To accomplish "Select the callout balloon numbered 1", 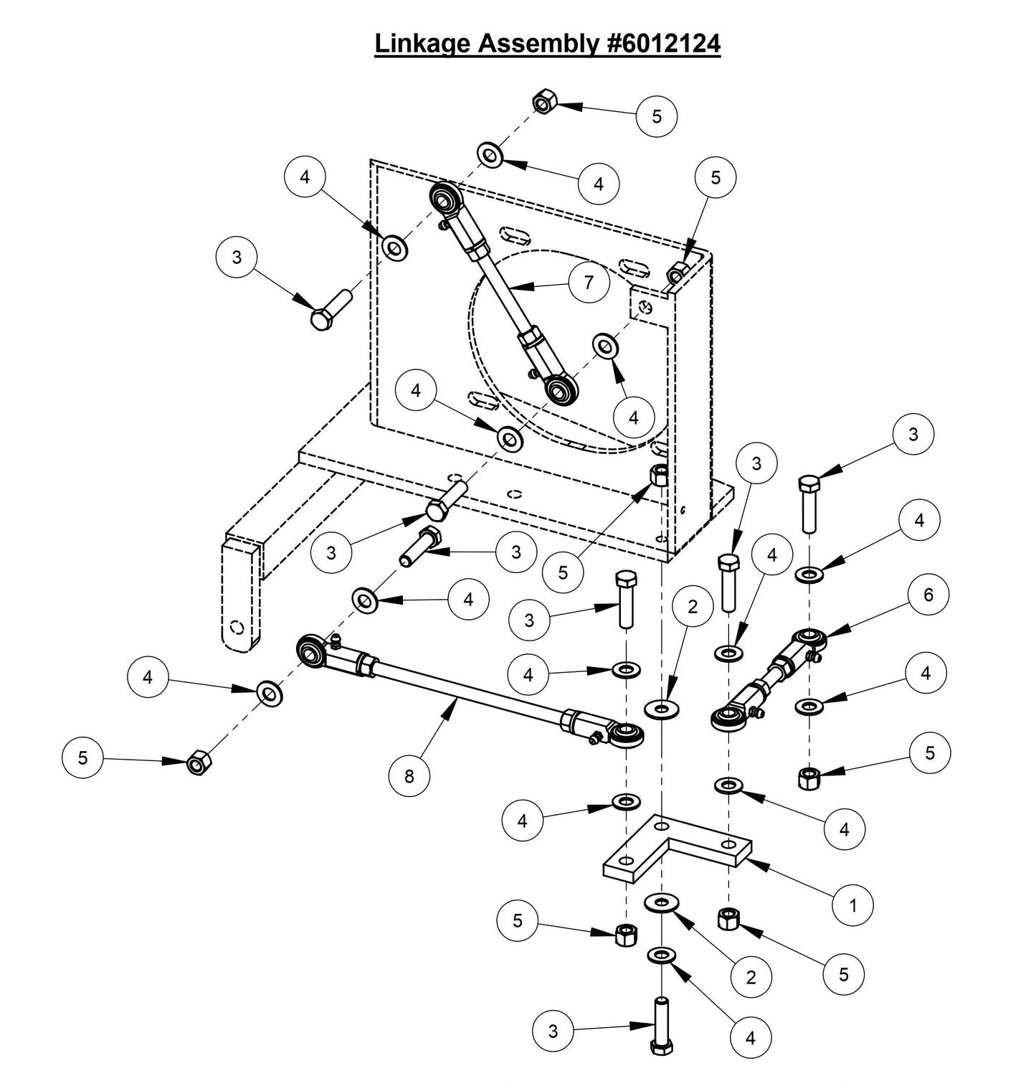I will [x=852, y=905].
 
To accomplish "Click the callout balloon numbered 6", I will [x=928, y=594].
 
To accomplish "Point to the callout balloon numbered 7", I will [x=588, y=283].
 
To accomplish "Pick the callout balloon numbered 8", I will [x=409, y=777].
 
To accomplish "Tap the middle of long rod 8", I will [x=466, y=689].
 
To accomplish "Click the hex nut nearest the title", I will [x=543, y=103].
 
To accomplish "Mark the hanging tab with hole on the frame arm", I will [x=239, y=597].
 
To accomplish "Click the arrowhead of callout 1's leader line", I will [x=753, y=861].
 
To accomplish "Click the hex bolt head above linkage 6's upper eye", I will [x=807, y=484].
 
